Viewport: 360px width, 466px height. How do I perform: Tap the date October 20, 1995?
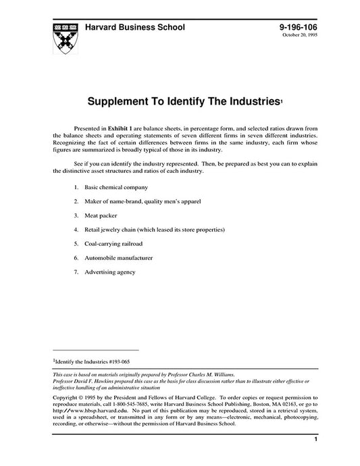tap(300, 36)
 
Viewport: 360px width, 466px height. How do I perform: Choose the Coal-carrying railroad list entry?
tap(113, 243)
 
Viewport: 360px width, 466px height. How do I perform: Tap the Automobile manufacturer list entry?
tap(118, 257)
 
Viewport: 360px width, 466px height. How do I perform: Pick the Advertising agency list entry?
tap(110, 271)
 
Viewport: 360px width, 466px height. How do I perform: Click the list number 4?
tap(76, 229)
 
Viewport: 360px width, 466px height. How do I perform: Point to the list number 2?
tap(76, 201)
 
